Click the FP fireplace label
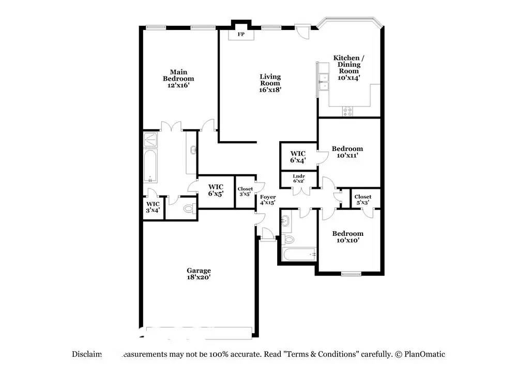[x=241, y=35]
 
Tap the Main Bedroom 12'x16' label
[x=178, y=79]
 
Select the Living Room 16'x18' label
[x=270, y=83]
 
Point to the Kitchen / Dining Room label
[x=349, y=67]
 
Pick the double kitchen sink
[x=324, y=82]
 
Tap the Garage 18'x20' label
[x=199, y=274]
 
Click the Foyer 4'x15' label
[x=267, y=200]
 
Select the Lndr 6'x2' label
[x=299, y=178]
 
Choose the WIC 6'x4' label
[x=298, y=157]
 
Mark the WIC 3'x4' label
[x=153, y=207]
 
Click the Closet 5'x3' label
[x=363, y=200]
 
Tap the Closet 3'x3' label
[x=246, y=192]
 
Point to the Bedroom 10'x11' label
[x=347, y=152]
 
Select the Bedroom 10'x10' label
[x=347, y=236]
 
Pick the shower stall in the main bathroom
[x=151, y=139]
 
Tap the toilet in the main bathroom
[x=188, y=209]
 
